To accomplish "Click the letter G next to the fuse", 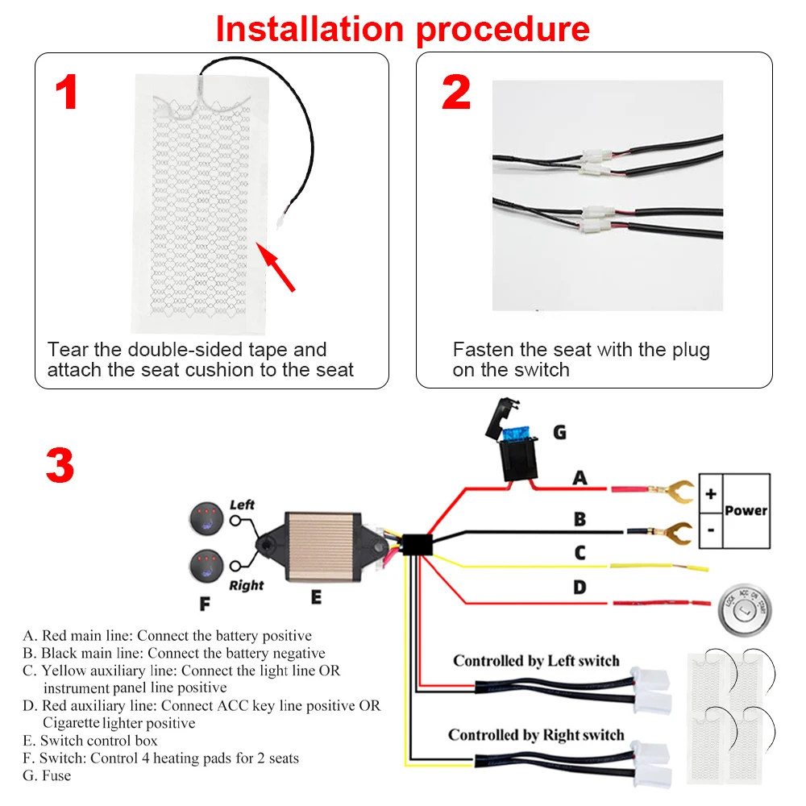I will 559,433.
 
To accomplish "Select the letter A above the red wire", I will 580,478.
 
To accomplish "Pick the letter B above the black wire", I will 580,519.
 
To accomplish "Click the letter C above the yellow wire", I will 580,554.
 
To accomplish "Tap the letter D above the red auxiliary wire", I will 580,588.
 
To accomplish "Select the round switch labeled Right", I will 207,567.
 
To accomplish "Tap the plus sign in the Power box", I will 710,494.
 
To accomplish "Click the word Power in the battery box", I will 746,510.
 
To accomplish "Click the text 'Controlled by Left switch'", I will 536,661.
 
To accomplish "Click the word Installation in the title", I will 310,29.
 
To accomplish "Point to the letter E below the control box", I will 316,596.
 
